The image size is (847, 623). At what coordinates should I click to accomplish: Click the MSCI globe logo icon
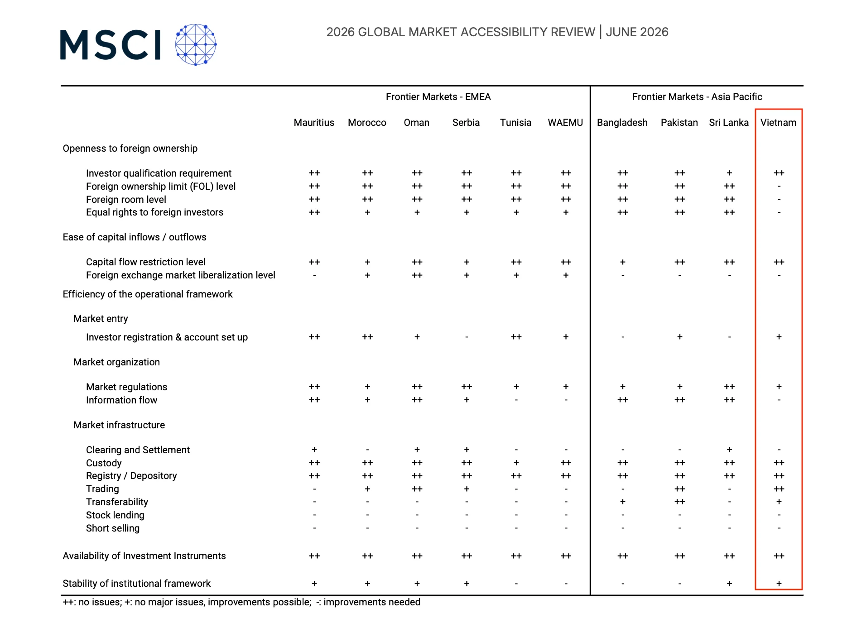point(196,45)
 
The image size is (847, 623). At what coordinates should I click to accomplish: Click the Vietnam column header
point(778,123)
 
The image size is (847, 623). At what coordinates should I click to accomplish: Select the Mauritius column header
point(314,123)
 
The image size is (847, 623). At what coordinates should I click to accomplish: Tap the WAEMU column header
point(565,123)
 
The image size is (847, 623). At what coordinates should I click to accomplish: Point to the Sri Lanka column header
point(729,123)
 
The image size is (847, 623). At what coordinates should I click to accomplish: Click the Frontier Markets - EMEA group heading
point(438,97)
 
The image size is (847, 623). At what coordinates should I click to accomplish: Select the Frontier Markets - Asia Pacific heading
point(697,97)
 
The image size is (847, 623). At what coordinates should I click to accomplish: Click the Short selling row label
point(113,528)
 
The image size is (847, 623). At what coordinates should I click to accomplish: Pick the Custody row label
point(104,463)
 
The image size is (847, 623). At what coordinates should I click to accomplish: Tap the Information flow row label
point(121,400)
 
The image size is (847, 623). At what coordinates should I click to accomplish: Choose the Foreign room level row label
point(126,200)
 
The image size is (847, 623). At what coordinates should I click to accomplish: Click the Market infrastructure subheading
point(119,425)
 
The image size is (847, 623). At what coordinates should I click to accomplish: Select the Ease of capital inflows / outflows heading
point(135,237)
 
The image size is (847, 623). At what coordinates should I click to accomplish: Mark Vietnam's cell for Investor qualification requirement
point(779,173)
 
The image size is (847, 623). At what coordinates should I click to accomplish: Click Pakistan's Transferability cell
point(679,502)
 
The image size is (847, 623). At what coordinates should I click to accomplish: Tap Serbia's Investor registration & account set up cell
point(467,337)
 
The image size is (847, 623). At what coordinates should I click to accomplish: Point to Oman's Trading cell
point(417,489)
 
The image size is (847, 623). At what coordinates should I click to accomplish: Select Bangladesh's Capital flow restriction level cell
point(623,262)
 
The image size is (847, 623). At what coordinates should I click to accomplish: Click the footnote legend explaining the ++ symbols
point(241,602)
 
